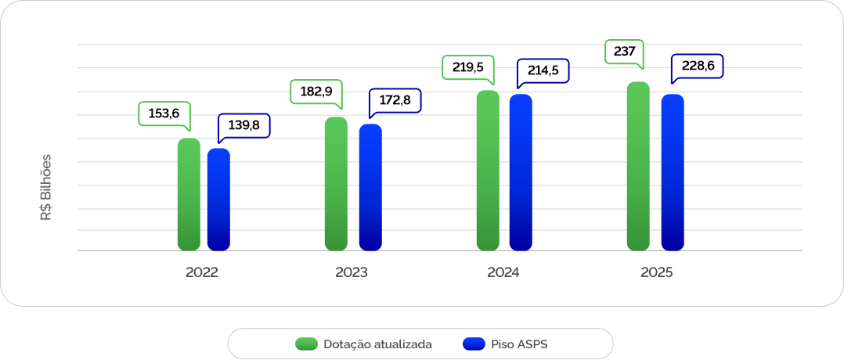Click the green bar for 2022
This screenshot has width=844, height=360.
189,195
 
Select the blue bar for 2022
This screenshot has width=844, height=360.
218,200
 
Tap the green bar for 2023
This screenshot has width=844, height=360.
336,184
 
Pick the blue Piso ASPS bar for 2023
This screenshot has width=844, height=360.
370,188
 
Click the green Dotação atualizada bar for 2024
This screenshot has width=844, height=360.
488,171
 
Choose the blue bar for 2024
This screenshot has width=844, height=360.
521,173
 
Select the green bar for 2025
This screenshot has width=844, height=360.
638,167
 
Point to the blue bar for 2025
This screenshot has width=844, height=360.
673,173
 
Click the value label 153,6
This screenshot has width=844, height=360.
164,113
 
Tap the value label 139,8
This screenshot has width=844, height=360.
243,124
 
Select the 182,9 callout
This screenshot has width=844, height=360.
316,92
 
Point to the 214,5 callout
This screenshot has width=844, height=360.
543,70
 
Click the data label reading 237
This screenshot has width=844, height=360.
624,52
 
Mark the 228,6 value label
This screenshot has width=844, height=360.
698,66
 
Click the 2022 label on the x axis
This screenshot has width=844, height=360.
202,273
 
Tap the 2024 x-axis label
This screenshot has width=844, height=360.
503,273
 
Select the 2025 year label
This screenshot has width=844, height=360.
656,273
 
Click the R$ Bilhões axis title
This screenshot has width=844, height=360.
46,186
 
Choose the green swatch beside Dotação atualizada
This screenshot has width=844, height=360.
306,344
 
